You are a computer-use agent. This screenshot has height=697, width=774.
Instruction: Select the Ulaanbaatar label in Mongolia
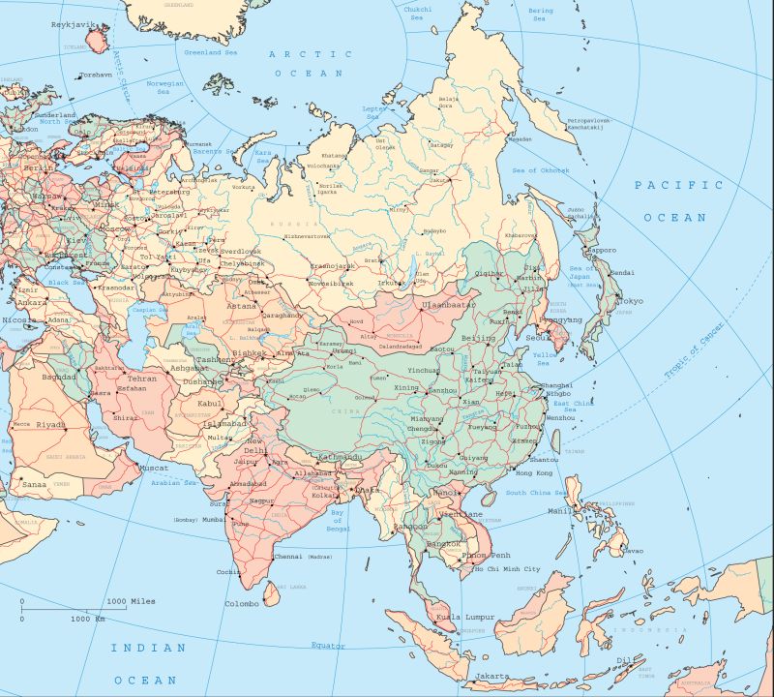coord(449,305)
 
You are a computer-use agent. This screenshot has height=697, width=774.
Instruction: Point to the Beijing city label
coord(478,338)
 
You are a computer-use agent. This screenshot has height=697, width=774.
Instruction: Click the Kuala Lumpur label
coord(465,617)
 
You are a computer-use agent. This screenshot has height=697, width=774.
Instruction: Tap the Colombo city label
coord(242,603)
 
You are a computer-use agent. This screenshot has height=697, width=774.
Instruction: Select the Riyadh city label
coord(50,424)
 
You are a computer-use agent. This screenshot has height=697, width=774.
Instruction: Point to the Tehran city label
coord(142,379)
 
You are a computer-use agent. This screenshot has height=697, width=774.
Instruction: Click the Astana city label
coord(241,306)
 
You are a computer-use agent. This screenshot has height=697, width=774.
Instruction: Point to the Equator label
coord(327,645)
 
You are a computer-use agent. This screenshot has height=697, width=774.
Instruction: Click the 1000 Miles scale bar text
coord(131,601)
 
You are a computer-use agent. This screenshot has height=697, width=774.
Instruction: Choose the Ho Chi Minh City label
coord(506,569)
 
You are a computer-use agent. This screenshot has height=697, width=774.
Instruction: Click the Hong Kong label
coord(533,472)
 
